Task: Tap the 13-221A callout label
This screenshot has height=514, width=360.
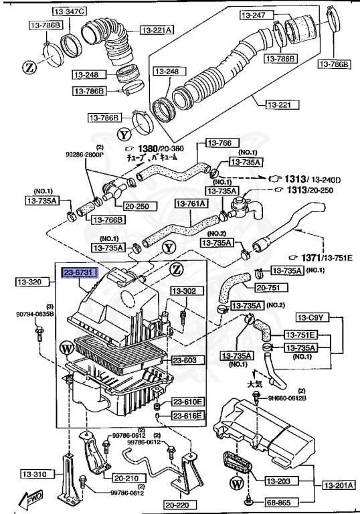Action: pos(157,29)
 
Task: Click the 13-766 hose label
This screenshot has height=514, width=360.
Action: pos(218,143)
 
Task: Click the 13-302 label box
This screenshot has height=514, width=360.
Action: pos(183,291)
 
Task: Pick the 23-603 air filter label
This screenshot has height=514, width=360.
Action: pos(181,360)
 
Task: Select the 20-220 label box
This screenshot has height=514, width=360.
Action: pos(178,505)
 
